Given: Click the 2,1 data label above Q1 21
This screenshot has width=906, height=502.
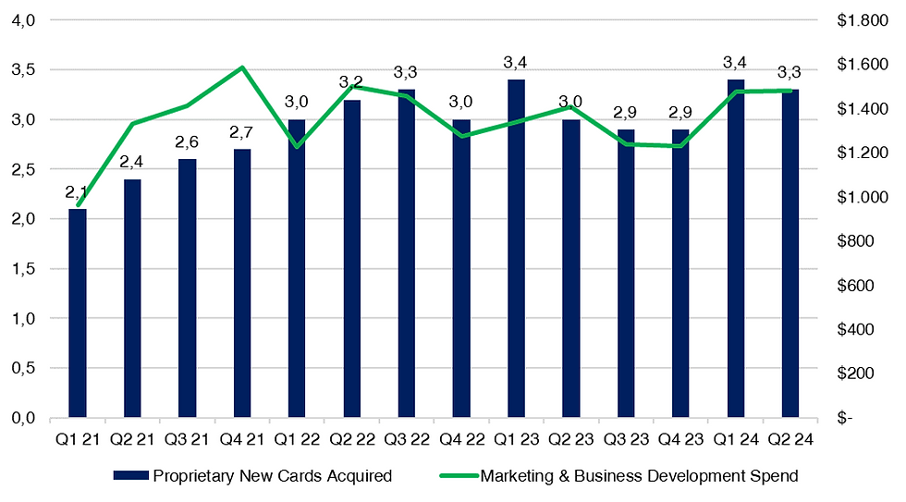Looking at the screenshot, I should (x=76, y=193).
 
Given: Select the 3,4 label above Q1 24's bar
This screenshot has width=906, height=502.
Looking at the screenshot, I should (x=735, y=63).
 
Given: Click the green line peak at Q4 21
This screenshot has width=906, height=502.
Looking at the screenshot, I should (x=242, y=67).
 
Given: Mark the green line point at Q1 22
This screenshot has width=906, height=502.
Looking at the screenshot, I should (x=297, y=146).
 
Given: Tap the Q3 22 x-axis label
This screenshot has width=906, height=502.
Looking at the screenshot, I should (x=406, y=439).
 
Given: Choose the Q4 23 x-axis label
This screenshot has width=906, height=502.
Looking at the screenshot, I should (x=679, y=439).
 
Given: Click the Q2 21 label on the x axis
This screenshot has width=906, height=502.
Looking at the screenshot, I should (x=132, y=439).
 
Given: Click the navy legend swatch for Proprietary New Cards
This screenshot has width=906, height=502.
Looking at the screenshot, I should (x=131, y=477).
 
